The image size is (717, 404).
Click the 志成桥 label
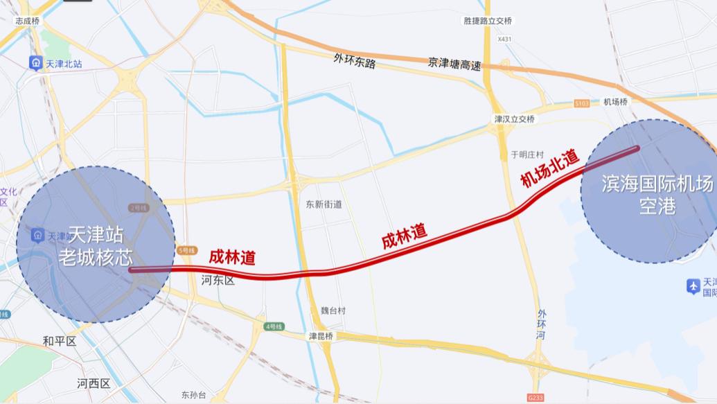(28, 21)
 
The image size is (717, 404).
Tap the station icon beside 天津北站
(35, 64)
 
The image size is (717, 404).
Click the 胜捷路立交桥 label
(488, 20)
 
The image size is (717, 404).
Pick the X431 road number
(504, 39)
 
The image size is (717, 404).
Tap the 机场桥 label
(615, 102)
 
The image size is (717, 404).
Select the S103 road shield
(582, 103)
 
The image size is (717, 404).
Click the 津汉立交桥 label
(514, 119)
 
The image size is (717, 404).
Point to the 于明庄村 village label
(527, 154)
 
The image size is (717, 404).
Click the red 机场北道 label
(550, 169)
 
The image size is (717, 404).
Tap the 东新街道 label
(324, 204)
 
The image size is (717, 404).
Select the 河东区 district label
(218, 280)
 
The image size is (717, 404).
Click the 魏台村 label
(333, 311)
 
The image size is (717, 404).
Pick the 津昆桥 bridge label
(321, 336)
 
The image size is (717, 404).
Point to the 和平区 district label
(59, 340)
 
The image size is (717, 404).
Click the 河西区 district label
(94, 383)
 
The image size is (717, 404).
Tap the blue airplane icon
(692, 286)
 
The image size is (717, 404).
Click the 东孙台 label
(194, 395)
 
